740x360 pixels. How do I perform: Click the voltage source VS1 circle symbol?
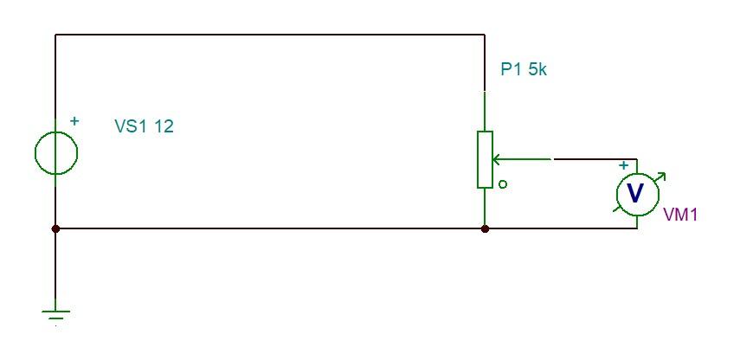point(56,153)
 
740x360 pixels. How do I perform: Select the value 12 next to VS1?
point(164,126)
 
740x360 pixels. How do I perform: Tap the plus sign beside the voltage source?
point(74,121)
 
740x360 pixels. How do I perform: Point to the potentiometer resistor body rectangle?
point(485,159)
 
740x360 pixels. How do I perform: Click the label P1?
point(511,70)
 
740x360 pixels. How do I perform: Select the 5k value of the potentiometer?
point(537,70)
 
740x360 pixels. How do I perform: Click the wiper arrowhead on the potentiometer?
point(497,159)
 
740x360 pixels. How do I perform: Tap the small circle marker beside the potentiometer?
point(503,184)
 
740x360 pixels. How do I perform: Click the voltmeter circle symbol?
point(636,193)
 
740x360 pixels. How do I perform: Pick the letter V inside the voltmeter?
point(635,193)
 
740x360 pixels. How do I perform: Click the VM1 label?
point(680,215)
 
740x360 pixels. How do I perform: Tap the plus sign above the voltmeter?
point(623,165)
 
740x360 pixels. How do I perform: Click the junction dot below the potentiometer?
point(485,229)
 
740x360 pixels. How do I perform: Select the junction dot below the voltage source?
point(56,229)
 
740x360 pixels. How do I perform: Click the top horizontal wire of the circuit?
point(268,35)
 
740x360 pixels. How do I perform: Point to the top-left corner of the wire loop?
point(56,35)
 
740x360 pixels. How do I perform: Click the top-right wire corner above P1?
point(485,35)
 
